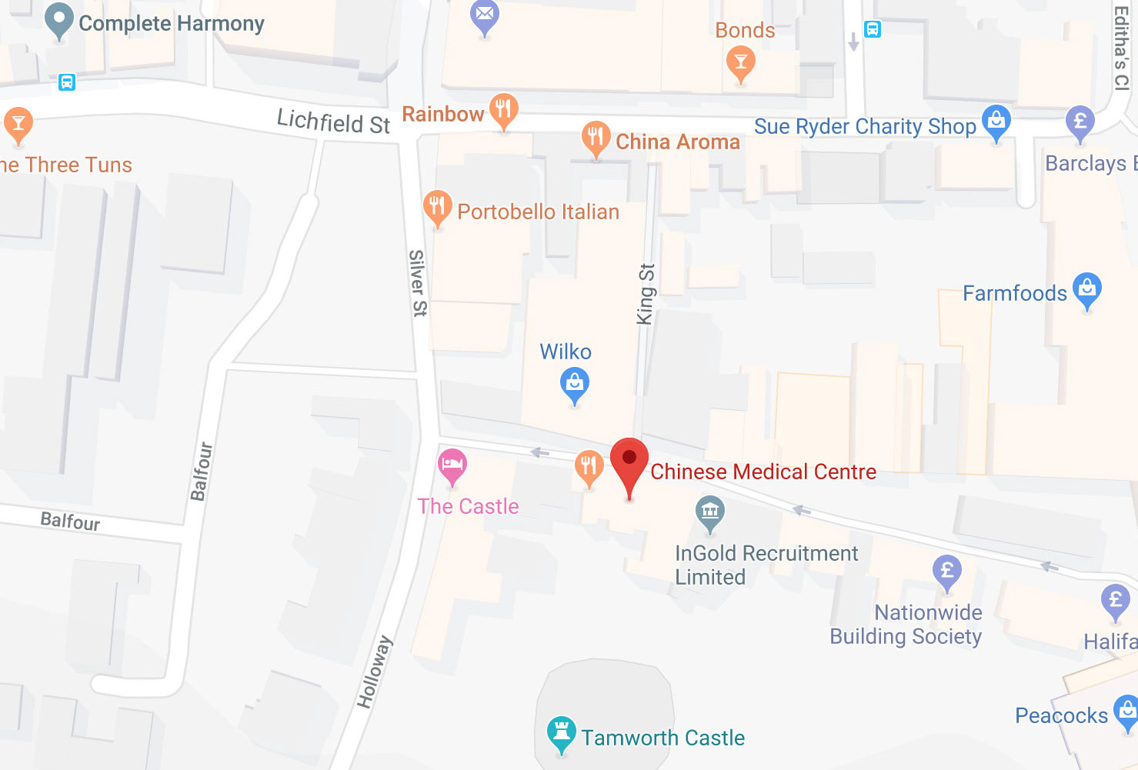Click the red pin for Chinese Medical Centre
(x=629, y=459)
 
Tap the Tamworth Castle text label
(x=662, y=738)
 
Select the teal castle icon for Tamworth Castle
(x=561, y=732)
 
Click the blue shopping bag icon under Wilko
(x=574, y=382)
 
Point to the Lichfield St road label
(x=333, y=122)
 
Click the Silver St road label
(x=417, y=282)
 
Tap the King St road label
(x=646, y=294)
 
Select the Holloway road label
(x=374, y=672)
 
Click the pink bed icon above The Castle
(x=452, y=464)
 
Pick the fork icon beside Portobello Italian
(x=437, y=206)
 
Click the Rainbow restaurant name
(x=442, y=114)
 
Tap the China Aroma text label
(x=677, y=142)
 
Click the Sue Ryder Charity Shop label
(x=864, y=126)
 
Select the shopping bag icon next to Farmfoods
(x=1086, y=288)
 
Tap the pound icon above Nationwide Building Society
(x=947, y=571)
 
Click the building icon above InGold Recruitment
(x=709, y=511)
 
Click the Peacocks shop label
(x=1061, y=715)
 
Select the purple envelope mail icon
(x=485, y=15)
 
